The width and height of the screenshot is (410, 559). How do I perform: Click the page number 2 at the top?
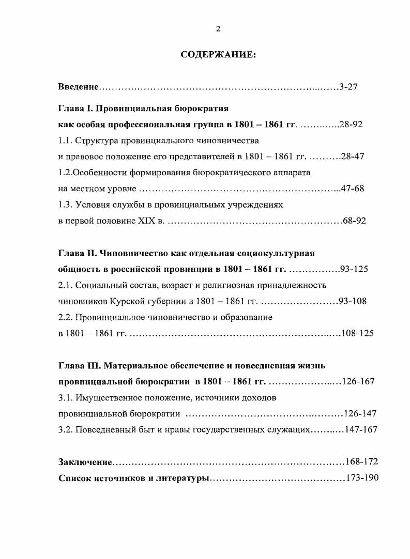click(x=218, y=29)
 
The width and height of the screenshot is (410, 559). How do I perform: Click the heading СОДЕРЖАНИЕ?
click(x=218, y=55)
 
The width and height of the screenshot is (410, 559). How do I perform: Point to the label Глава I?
click(x=76, y=110)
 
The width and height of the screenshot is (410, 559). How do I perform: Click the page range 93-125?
click(x=353, y=269)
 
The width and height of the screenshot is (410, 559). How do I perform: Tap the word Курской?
click(x=131, y=301)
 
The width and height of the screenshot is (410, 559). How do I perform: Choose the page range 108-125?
click(x=357, y=333)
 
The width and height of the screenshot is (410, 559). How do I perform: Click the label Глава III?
click(x=79, y=366)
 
